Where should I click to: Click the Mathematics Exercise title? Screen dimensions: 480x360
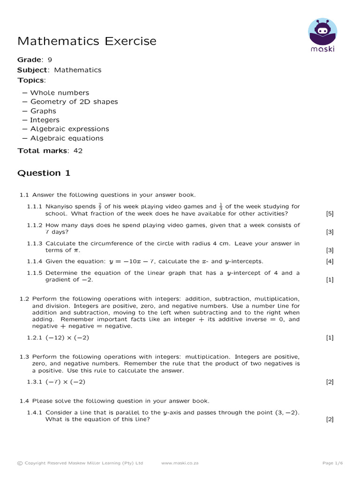click(x=87, y=41)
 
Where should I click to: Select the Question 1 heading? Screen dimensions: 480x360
click(x=44, y=173)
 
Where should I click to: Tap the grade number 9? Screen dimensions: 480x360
click(x=50, y=60)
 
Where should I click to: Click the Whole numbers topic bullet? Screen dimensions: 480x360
click(x=60, y=93)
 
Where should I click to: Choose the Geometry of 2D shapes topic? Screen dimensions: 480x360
click(x=74, y=102)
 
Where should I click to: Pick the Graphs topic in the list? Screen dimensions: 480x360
click(x=43, y=111)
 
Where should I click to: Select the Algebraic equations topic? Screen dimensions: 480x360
click(x=67, y=138)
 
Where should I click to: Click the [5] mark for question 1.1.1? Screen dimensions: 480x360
click(x=330, y=214)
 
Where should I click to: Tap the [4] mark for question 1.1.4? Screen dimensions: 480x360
click(x=330, y=261)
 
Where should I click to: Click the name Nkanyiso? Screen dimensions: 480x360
click(x=61, y=207)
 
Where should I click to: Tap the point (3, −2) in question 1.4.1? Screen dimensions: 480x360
click(x=287, y=412)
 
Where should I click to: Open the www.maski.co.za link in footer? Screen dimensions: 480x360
click(x=180, y=463)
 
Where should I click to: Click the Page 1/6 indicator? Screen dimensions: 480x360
click(x=333, y=463)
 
